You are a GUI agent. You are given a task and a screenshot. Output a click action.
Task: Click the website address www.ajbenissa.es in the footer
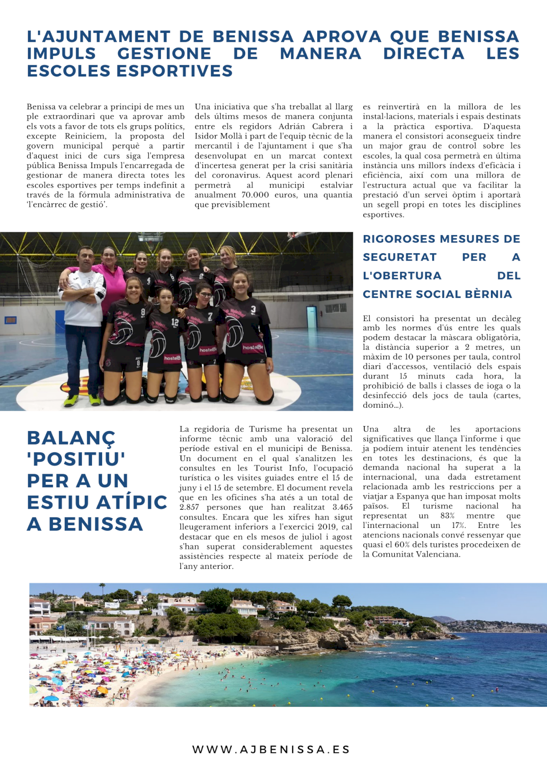click(271, 749)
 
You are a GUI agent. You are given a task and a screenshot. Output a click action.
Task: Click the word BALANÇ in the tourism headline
click(71, 438)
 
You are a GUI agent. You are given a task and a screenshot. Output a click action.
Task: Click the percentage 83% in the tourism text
click(447, 516)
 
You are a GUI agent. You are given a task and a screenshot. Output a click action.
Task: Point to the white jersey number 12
click(175, 322)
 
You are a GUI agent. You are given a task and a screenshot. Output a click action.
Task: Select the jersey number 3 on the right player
click(253, 309)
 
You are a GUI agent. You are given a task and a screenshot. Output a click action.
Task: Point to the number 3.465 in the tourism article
click(342, 507)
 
